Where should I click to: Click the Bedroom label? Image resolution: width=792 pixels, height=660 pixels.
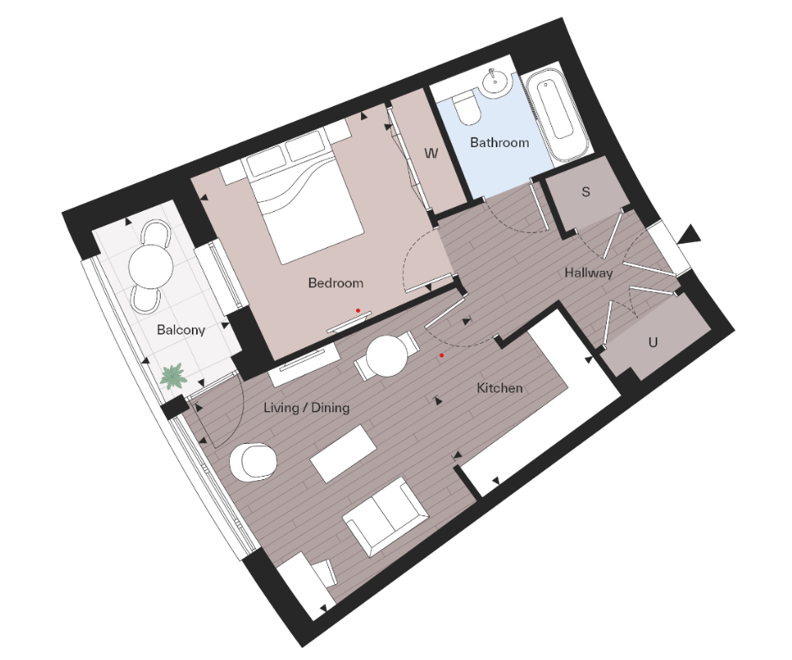(335, 283)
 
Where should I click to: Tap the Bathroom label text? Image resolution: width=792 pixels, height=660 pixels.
(499, 143)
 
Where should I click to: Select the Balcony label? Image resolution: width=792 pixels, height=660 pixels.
(181, 330)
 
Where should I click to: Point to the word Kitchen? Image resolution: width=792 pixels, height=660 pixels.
(500, 388)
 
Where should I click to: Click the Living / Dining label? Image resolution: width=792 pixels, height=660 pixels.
(306, 408)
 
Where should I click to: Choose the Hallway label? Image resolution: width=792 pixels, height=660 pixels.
(588, 273)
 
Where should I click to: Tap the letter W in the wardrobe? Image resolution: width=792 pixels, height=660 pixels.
(431, 154)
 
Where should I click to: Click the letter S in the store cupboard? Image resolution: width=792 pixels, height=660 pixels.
(586, 192)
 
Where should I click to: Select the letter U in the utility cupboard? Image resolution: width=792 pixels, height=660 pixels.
(652, 343)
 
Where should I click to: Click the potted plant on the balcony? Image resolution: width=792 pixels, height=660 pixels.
(173, 376)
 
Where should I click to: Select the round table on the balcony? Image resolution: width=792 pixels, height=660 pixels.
(152, 264)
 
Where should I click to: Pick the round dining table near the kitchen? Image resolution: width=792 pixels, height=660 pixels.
(389, 357)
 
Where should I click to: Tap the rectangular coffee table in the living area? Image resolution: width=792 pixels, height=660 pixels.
(343, 453)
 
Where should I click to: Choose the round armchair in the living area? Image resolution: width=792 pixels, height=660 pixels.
(253, 460)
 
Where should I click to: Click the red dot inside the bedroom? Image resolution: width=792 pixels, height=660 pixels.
(358, 310)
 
